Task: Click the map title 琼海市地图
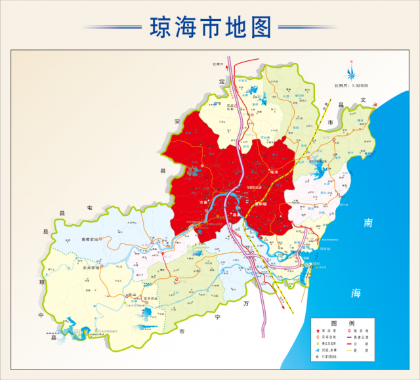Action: pos(210,27)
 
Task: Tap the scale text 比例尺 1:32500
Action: pos(351,85)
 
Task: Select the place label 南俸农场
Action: pos(89,240)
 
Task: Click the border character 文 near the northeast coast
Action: pos(361,100)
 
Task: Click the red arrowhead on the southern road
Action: pos(284,305)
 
